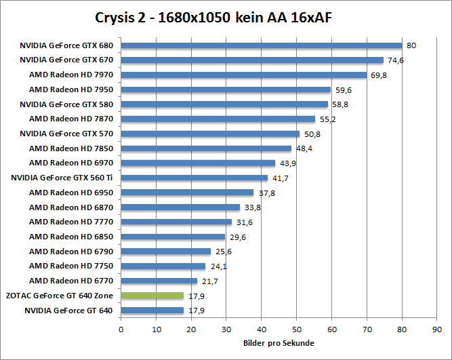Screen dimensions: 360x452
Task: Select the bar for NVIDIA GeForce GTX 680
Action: [x=262, y=45]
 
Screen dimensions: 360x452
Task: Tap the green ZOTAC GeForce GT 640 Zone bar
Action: [x=152, y=296]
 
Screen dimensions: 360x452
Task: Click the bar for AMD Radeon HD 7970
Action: [x=244, y=75]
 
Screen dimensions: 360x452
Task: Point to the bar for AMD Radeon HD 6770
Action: [x=159, y=281]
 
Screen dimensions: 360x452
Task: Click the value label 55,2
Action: [x=327, y=119]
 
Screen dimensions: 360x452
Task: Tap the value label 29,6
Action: [x=237, y=237]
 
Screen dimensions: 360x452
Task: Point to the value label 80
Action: [x=411, y=46]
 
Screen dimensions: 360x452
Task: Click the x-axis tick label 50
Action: [x=297, y=330]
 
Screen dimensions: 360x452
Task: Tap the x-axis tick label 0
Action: [x=121, y=330]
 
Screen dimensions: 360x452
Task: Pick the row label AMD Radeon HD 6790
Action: [x=71, y=252]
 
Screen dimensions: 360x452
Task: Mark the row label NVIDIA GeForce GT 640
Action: [x=68, y=311]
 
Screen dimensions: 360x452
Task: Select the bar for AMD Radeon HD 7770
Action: [x=176, y=222]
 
